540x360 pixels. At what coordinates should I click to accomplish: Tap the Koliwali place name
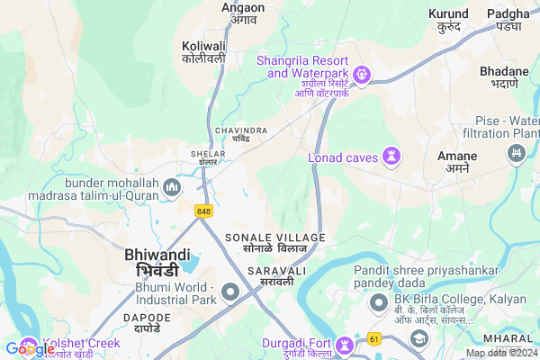203,51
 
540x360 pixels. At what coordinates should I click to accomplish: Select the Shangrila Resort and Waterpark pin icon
362,75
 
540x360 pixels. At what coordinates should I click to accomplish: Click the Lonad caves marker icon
391,157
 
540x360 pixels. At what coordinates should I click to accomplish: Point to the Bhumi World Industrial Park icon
231,292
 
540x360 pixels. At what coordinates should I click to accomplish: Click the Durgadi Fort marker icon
344,346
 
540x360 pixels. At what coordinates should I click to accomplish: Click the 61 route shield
373,339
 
